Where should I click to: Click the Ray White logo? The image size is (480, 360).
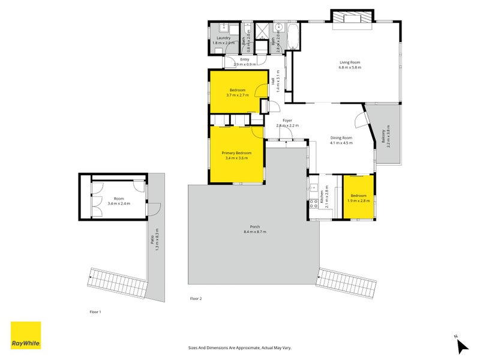tap(26, 335)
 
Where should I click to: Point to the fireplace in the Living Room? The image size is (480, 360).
tap(352, 18)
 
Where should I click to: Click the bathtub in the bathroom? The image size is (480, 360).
tap(294, 37)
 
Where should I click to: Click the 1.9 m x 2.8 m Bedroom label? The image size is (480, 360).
tap(358, 199)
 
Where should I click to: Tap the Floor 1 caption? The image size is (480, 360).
tap(95, 312)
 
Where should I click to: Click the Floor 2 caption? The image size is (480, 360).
tap(196, 298)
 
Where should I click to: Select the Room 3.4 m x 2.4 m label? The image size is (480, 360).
tap(118, 201)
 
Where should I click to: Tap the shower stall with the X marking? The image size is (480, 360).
tap(262, 31)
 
